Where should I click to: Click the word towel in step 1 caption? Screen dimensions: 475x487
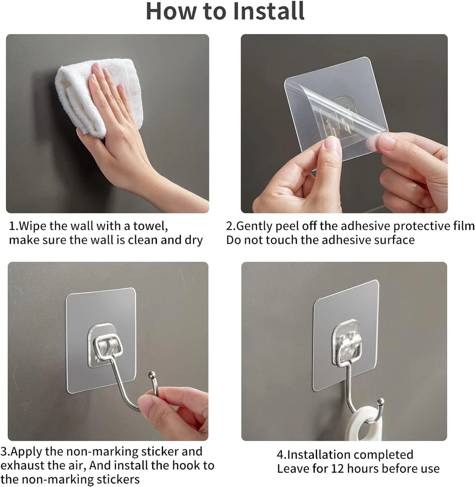(151, 226)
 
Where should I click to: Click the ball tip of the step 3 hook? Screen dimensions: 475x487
(152, 374)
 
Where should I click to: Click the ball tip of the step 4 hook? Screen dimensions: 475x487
(381, 401)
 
